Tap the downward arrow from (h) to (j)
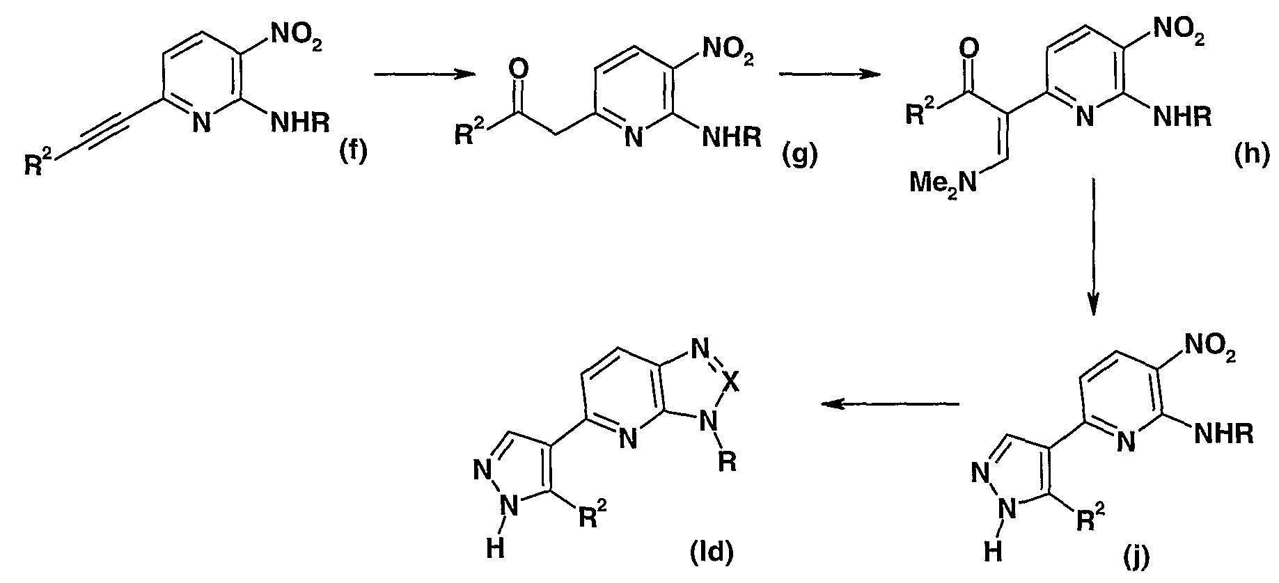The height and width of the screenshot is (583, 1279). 1093,247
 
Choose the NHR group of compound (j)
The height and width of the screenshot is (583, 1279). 1225,435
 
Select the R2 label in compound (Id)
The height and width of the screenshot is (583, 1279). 593,515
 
